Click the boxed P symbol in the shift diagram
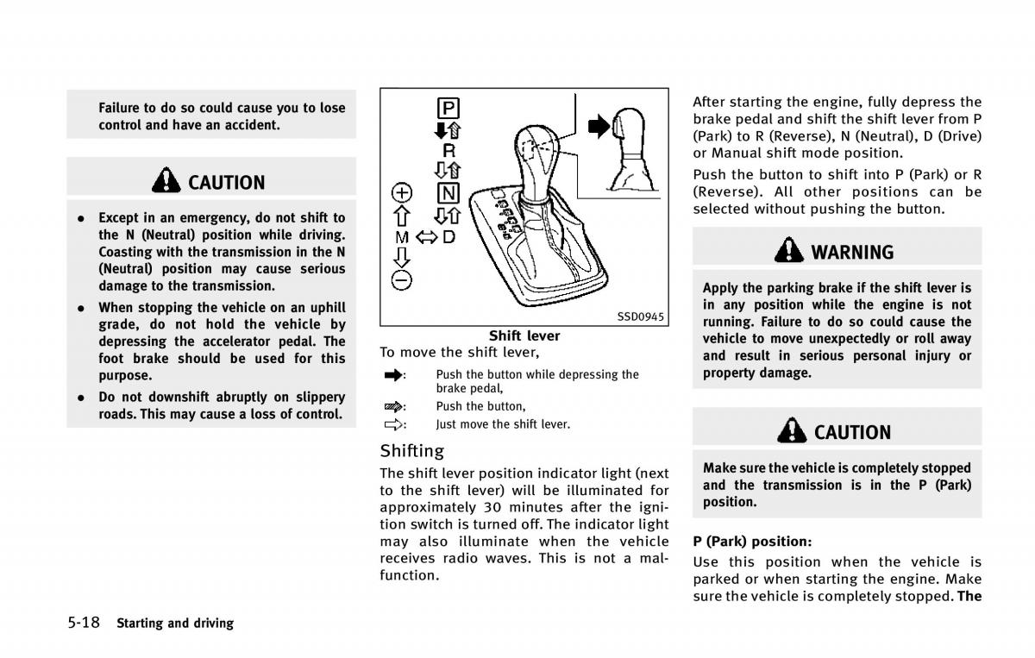click(x=448, y=109)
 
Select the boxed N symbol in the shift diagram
click(x=448, y=193)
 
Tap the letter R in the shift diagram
click(x=449, y=151)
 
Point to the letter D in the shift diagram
click(x=449, y=237)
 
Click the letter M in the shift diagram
click(x=402, y=237)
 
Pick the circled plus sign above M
click(x=402, y=192)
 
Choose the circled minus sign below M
click(x=402, y=280)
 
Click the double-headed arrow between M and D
click(x=426, y=237)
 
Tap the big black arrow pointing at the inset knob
click(x=599, y=126)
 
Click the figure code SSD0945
click(x=640, y=316)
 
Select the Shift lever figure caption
click(x=524, y=335)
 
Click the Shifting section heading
click(x=411, y=450)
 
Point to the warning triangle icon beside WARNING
click(x=788, y=250)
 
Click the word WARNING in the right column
click(x=852, y=253)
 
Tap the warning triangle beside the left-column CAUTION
click(x=166, y=180)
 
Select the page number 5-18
click(x=84, y=623)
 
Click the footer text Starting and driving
click(x=175, y=623)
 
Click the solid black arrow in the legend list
click(x=393, y=375)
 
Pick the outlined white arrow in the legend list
click(x=393, y=424)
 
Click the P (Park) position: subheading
click(x=752, y=542)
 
